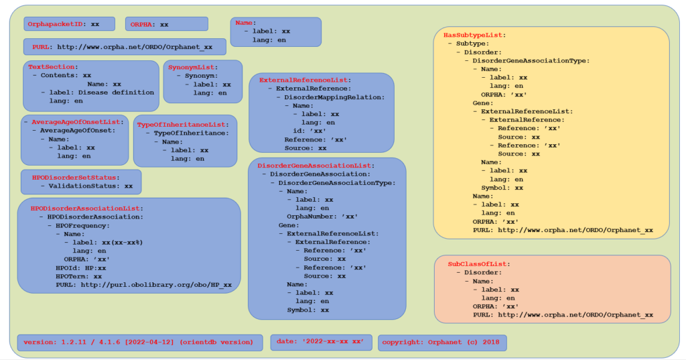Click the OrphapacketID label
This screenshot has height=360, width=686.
[x=56, y=24]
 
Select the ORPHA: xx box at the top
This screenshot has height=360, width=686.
[x=166, y=24]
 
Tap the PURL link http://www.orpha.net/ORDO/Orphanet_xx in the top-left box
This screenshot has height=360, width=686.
[x=135, y=48]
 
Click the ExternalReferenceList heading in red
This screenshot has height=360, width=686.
[x=305, y=80]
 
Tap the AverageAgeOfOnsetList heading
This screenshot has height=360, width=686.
[x=77, y=122]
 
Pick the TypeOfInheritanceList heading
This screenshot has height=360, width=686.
[x=182, y=125]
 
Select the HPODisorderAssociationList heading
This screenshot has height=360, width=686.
[x=86, y=208]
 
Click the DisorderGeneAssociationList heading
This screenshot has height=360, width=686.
[x=316, y=165]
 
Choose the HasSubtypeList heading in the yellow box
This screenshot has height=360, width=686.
[x=474, y=35]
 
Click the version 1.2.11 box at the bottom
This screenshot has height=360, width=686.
[x=139, y=342]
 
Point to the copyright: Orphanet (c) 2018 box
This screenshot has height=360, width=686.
[x=441, y=342]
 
